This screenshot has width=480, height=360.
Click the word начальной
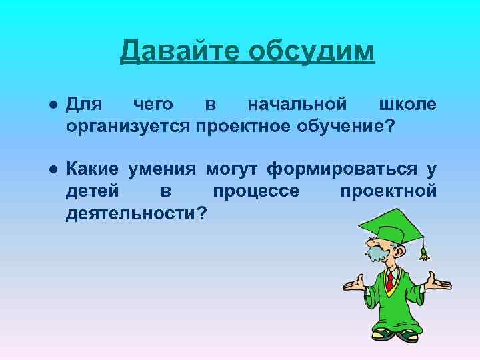click(297, 105)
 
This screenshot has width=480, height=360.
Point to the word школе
click(407, 105)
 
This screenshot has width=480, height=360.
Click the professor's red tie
click(389, 281)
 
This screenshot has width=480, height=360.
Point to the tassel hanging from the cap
click(423, 253)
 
